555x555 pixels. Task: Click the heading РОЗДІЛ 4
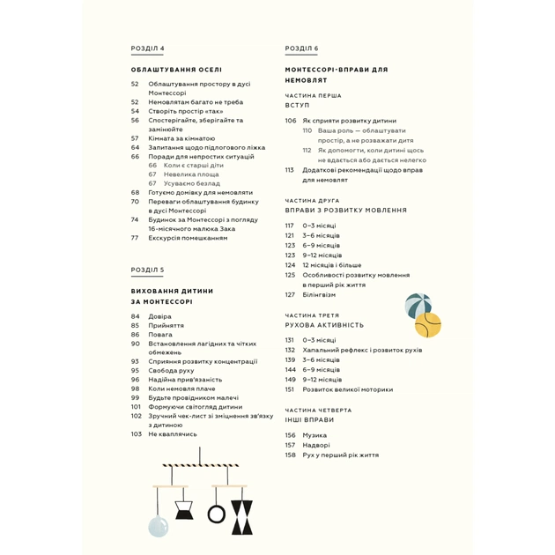pos(147,48)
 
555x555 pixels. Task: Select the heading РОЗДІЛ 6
pos(301,48)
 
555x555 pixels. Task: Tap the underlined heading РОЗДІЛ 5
pos(147,270)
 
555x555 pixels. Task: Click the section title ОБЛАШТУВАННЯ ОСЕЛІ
pos(176,70)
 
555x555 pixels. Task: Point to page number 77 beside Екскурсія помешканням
pos(135,237)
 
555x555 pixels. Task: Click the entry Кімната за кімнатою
pos(181,138)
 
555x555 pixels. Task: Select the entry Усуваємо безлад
pos(190,183)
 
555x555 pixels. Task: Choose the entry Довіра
pos(160,315)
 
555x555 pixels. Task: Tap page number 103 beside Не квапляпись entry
pos(137,433)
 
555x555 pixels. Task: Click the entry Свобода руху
pos(171,370)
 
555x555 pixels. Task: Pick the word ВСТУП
pos(297,105)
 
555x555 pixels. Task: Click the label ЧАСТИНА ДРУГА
pos(313,201)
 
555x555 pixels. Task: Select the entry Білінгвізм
pos(319,294)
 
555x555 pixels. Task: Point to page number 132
pos(290,350)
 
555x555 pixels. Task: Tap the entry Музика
pos(314,434)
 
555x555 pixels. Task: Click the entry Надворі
pos(316,445)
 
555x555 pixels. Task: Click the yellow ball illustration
pos(427,325)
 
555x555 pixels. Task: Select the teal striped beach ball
pos(418,306)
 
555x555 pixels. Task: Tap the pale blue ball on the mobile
pos(159,526)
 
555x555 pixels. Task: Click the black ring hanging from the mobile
pos(217,513)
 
